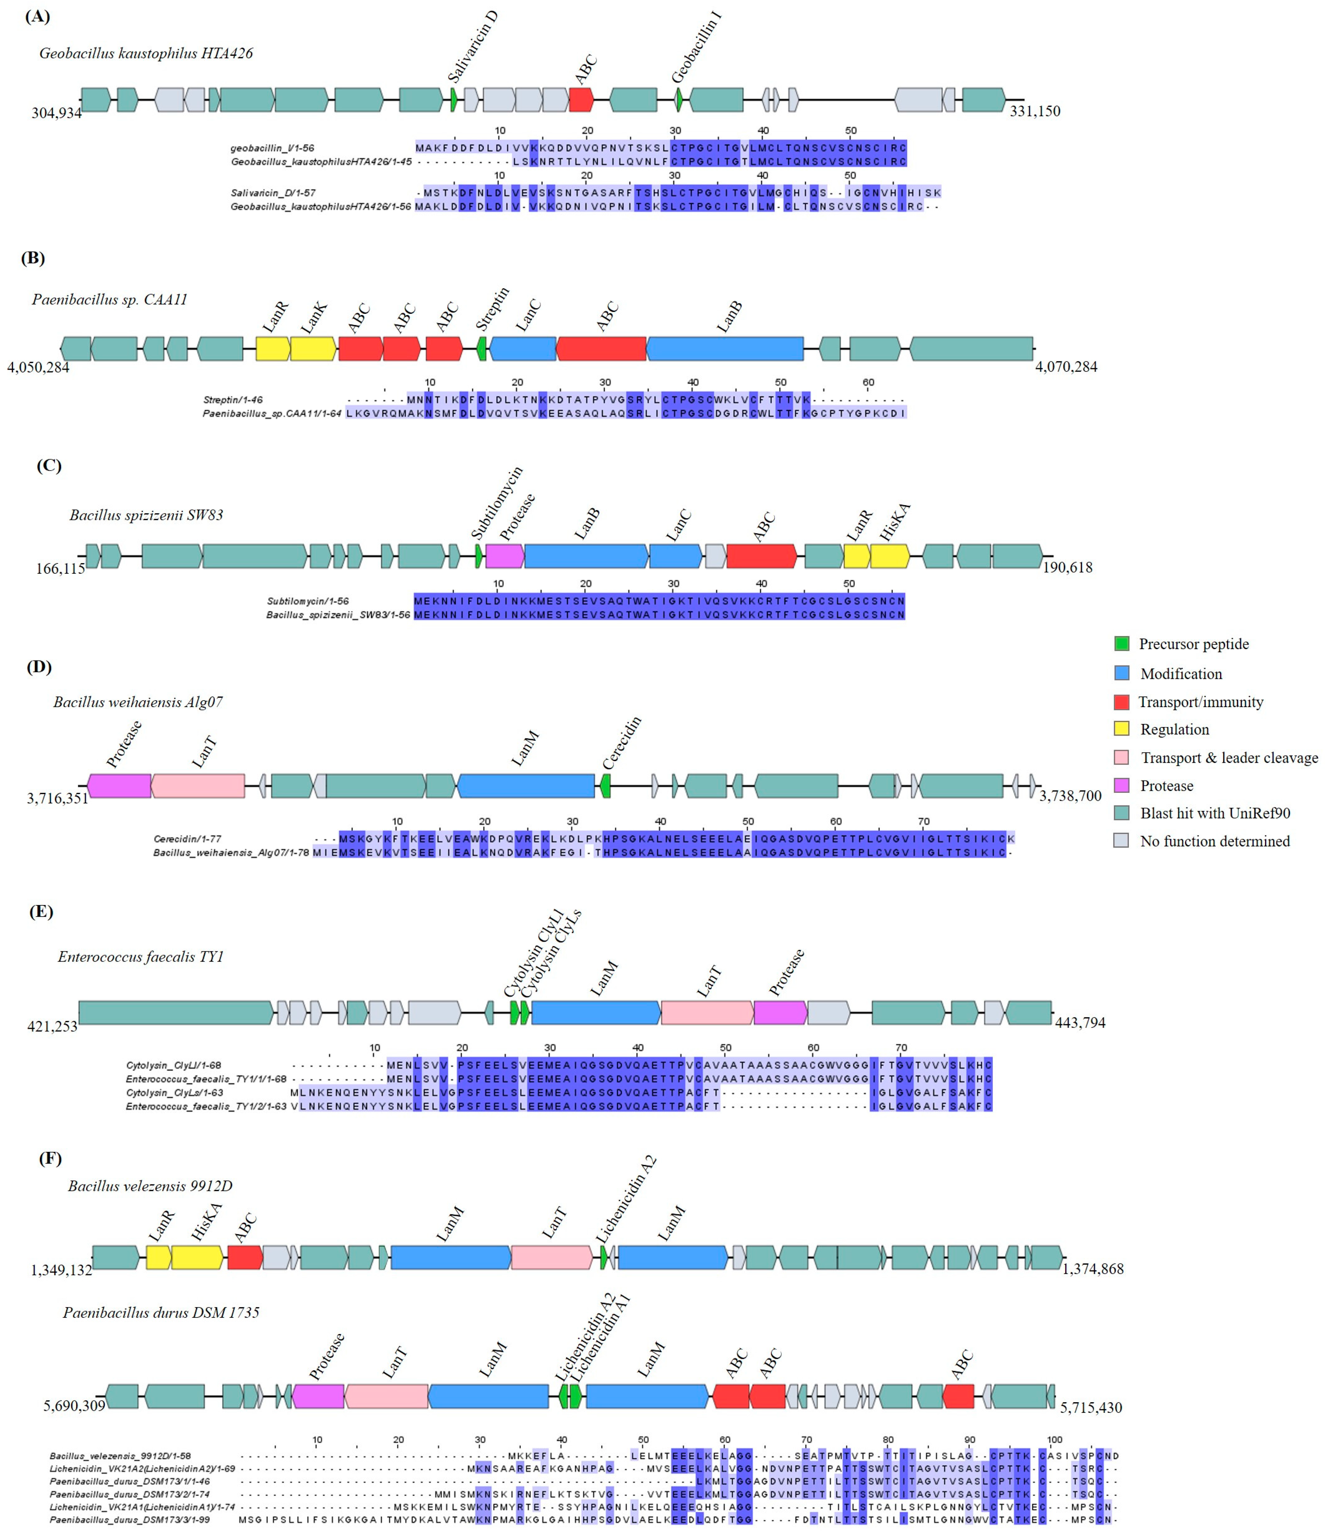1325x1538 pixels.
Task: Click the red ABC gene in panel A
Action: click(581, 99)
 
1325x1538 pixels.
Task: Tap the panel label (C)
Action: click(49, 465)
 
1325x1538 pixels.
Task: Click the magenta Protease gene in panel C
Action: click(504, 556)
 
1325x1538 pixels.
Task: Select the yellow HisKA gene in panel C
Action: click(889, 556)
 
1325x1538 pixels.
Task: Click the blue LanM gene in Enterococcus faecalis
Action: click(595, 1012)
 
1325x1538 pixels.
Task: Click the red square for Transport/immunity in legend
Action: click(1122, 702)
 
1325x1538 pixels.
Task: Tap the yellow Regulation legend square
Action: click(1122, 729)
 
